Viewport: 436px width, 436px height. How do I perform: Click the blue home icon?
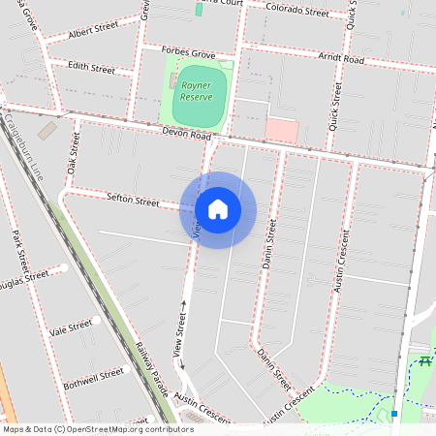click(218, 209)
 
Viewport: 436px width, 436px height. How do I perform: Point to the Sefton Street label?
click(133, 201)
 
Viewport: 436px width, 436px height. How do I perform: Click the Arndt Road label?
click(341, 59)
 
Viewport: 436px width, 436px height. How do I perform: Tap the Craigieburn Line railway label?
click(24, 151)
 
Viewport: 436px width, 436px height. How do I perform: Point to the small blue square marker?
click(395, 415)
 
